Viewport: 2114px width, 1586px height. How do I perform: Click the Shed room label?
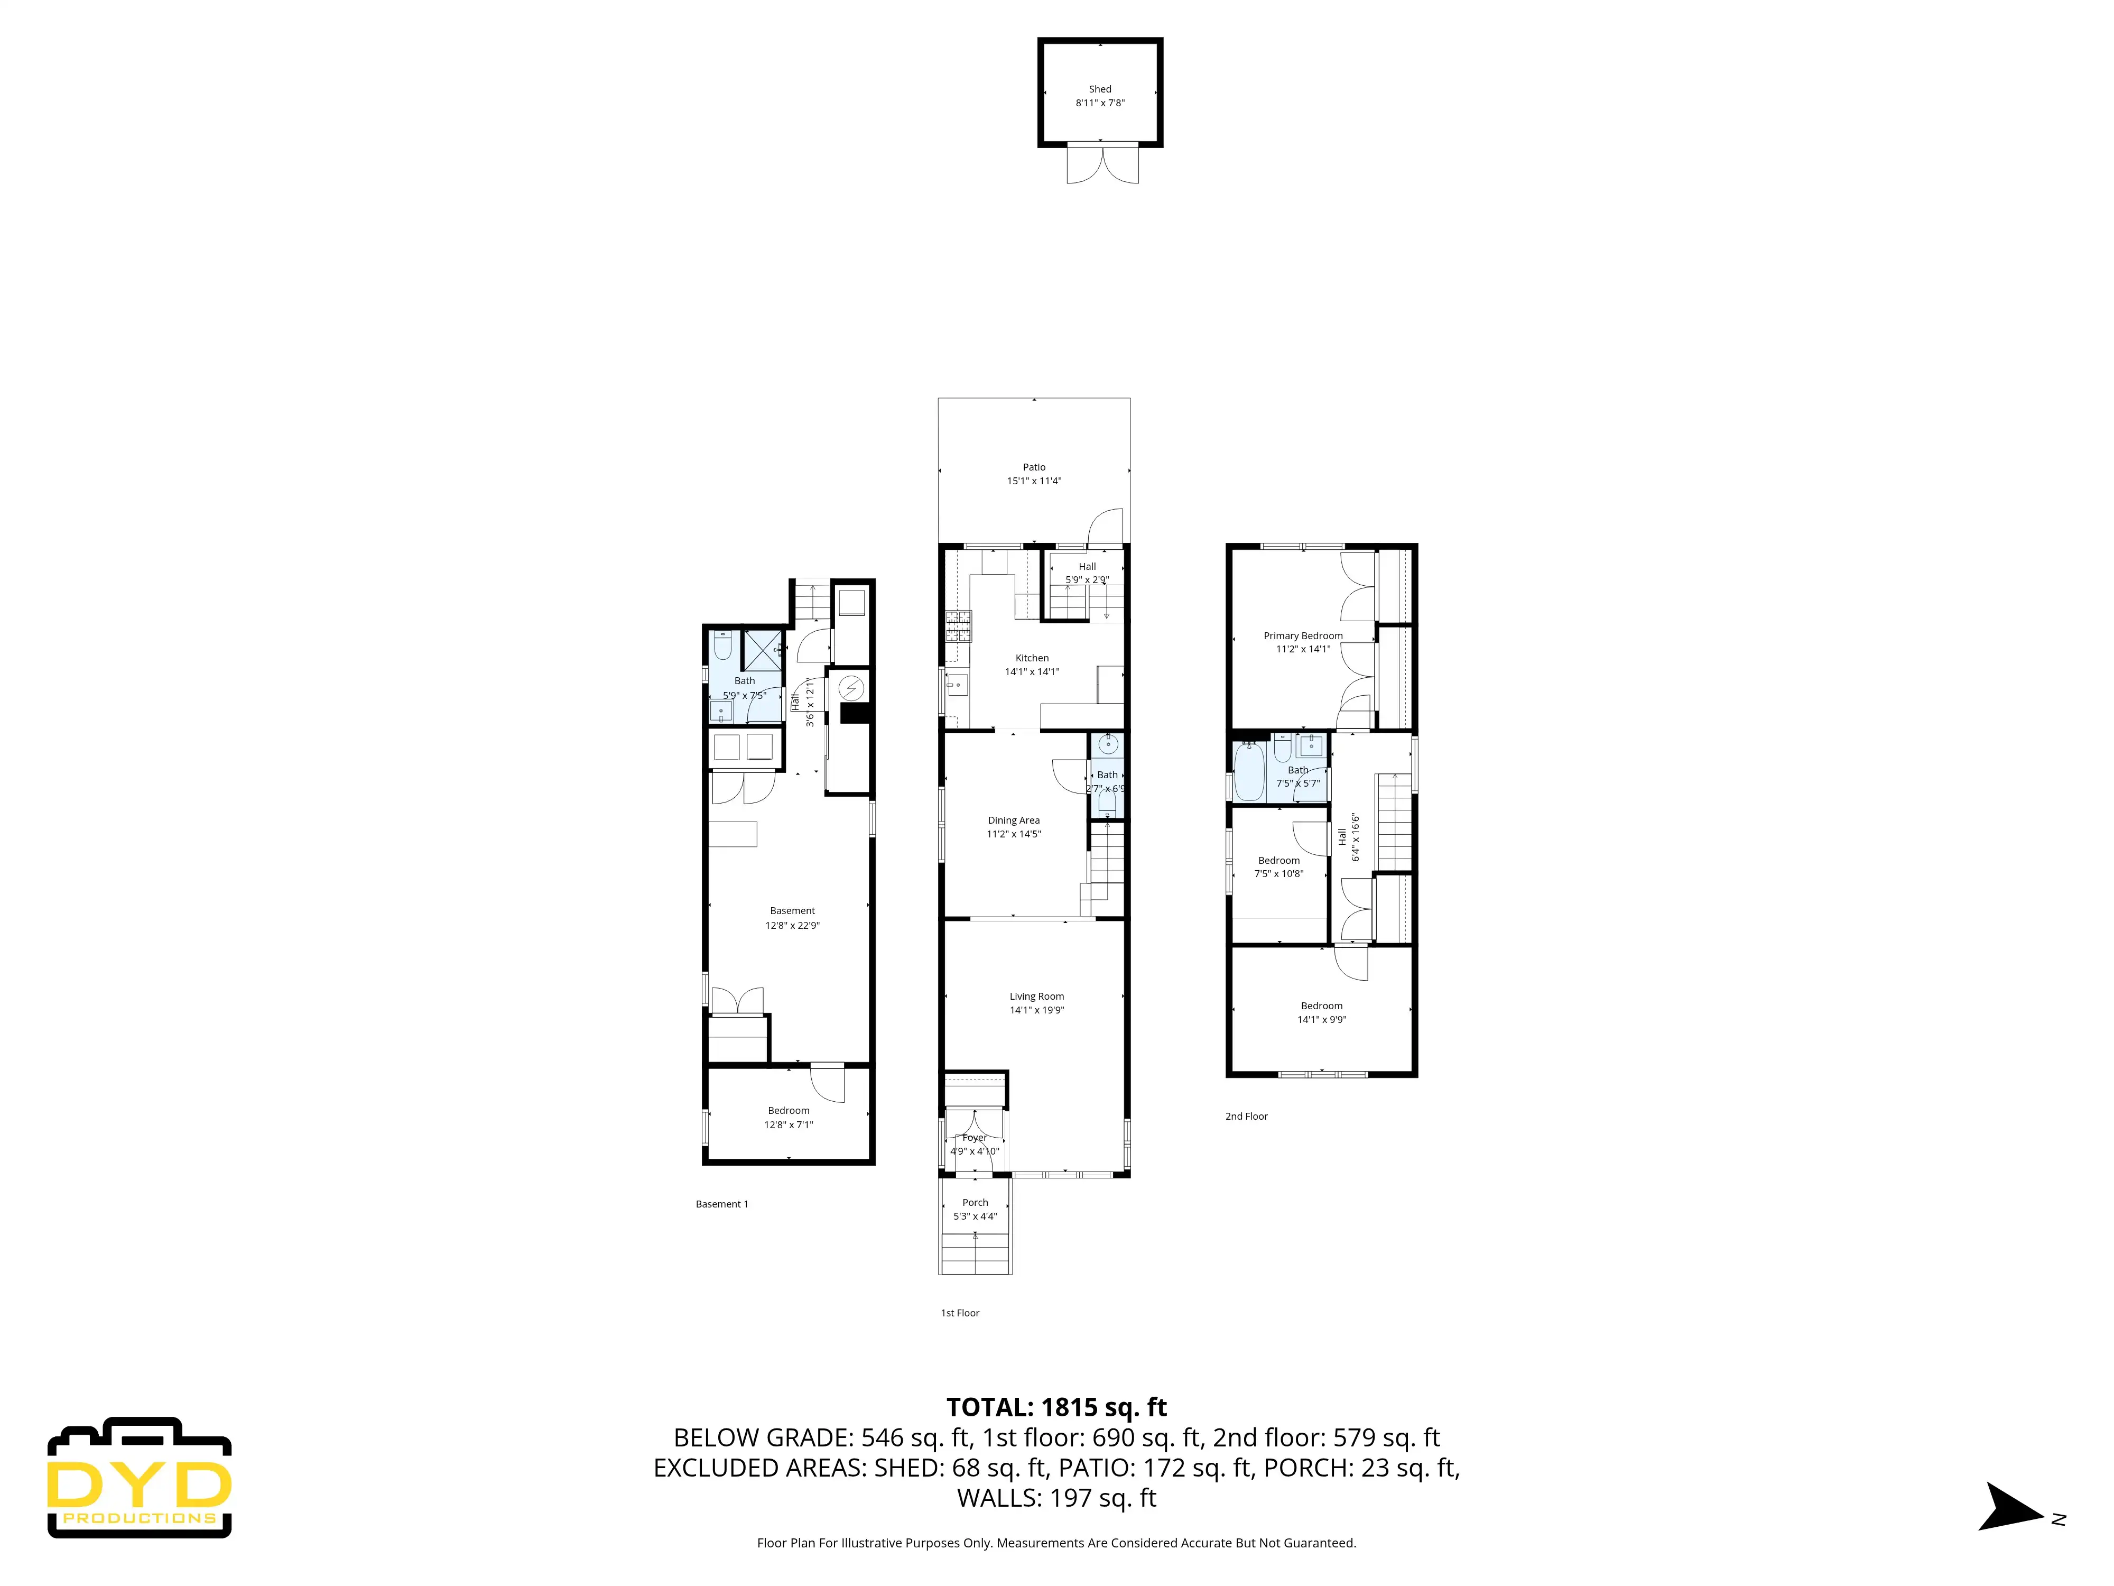click(1100, 89)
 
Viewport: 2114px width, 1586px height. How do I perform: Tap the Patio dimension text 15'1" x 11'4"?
click(1034, 481)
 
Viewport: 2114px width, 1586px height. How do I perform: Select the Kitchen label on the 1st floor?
click(1032, 658)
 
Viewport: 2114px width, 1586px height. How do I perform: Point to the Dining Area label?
click(1014, 820)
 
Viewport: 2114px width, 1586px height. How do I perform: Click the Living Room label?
click(1037, 996)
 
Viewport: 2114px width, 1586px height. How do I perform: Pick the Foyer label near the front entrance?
click(975, 1138)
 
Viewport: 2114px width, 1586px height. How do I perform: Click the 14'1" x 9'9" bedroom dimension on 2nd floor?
click(1322, 1019)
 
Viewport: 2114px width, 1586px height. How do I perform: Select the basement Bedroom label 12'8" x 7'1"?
click(789, 1118)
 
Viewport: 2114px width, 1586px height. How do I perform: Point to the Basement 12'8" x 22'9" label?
click(792, 918)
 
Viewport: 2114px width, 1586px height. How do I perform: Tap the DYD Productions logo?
click(140, 1478)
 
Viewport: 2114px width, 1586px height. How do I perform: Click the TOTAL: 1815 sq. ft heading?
click(1057, 1407)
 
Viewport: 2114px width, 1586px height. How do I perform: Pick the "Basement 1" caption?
click(721, 1204)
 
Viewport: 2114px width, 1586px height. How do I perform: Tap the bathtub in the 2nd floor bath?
click(1249, 771)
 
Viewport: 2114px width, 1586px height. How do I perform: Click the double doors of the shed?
click(1103, 162)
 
